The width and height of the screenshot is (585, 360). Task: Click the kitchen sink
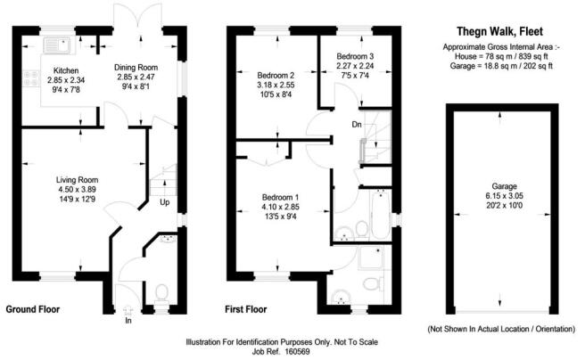57,45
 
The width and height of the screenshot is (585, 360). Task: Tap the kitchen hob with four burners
31,78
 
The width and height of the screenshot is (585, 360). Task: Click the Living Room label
77,180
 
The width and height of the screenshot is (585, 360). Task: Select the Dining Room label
136,68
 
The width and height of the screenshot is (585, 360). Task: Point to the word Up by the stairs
164,202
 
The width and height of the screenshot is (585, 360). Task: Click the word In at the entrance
128,321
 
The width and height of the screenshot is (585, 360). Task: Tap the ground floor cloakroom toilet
161,292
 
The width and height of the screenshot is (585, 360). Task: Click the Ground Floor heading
33,309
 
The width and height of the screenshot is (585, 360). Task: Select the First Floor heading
246,309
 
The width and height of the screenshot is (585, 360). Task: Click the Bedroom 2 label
276,75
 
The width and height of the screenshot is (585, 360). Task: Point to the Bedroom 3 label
355,56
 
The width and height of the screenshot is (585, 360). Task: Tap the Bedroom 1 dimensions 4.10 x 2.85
280,207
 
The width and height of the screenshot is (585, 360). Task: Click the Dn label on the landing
357,125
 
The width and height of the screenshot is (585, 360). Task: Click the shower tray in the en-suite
370,258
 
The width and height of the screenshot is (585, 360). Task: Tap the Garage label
504,186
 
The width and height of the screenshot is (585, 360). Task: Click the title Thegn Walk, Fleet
500,32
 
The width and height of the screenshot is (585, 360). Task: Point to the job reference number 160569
297,351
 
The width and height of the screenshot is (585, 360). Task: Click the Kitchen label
66,70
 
